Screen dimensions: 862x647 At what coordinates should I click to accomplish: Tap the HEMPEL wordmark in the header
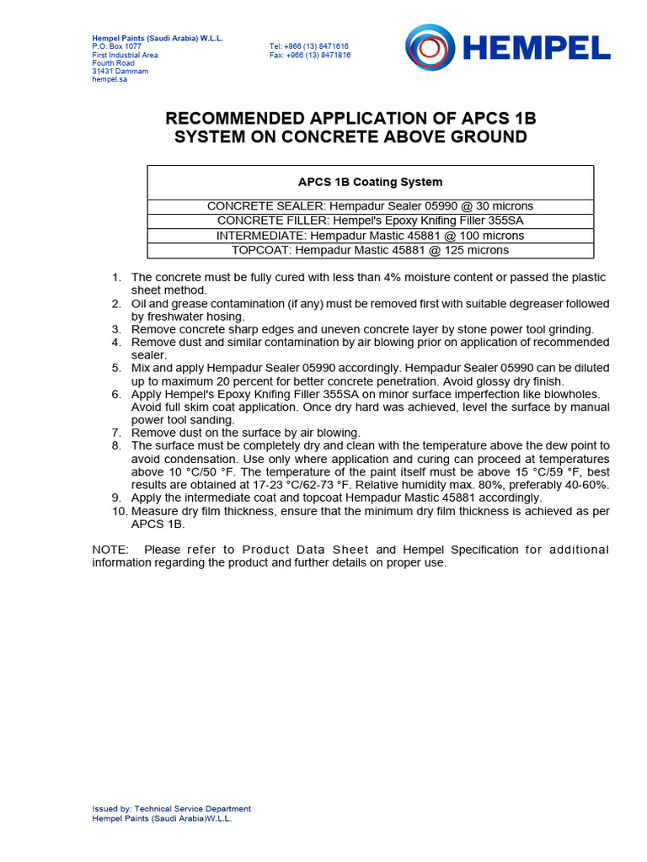(537, 49)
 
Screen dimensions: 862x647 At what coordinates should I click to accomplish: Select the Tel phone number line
(309, 46)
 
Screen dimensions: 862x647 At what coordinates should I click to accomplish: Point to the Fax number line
(309, 55)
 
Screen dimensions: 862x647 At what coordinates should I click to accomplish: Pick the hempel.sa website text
(110, 79)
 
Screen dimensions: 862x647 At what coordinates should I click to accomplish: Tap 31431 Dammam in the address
(120, 71)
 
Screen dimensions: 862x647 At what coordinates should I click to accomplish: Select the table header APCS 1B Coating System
(370, 182)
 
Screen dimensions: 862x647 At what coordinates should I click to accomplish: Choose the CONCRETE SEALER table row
(370, 206)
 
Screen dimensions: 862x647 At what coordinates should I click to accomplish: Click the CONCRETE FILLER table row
(370, 221)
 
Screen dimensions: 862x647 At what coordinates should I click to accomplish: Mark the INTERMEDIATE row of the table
(370, 236)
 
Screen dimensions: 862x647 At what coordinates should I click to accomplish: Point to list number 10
(118, 511)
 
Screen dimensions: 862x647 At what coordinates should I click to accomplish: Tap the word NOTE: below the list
(110, 550)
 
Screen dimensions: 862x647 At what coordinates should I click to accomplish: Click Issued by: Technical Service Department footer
(171, 809)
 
